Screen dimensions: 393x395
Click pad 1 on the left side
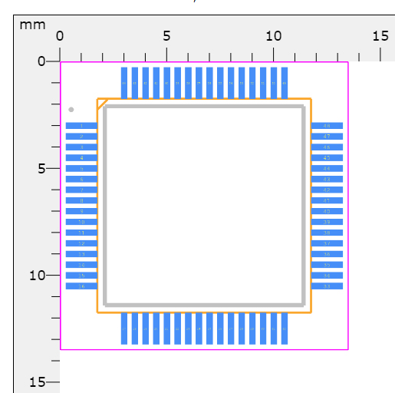point(81,126)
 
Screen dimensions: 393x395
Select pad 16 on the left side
point(81,286)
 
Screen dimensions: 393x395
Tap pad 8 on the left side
point(81,200)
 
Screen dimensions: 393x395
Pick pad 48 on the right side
point(327,126)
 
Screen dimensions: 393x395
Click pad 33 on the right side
point(327,286)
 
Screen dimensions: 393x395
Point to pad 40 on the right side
point(327,211)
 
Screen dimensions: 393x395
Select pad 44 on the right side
point(327,168)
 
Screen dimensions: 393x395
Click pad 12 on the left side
point(81,243)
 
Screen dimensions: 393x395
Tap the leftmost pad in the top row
point(124,82)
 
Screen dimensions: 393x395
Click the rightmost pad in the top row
point(285,82)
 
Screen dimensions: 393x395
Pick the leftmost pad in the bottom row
point(124,329)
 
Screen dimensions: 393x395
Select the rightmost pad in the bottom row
point(285,329)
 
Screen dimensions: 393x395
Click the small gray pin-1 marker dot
point(71,110)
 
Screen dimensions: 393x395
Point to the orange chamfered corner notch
point(101,103)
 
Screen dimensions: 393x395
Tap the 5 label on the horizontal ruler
point(166,35)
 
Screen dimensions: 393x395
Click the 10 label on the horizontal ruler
point(273,35)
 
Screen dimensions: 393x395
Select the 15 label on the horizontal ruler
point(380,35)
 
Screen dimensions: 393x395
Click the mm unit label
point(32,24)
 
